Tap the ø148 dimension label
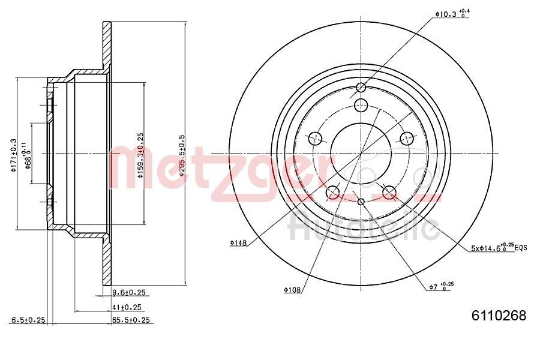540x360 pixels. (x=238, y=243)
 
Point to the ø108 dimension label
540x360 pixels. (x=292, y=290)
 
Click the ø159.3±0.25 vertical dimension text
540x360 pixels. (x=140, y=155)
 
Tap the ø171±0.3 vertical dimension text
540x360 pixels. (x=13, y=155)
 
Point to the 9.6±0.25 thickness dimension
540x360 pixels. (x=129, y=293)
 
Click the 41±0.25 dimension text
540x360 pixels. (x=127, y=307)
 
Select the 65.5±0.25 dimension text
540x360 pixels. (x=131, y=320)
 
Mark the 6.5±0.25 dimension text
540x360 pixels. (x=28, y=320)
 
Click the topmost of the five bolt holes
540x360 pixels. (x=361, y=106)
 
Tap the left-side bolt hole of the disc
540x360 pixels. (x=315, y=139)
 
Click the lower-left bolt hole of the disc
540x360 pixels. (x=332, y=193)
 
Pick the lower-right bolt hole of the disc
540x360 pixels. (x=389, y=193)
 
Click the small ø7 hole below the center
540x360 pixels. (x=361, y=202)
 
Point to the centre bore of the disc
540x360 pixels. (x=361, y=154)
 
